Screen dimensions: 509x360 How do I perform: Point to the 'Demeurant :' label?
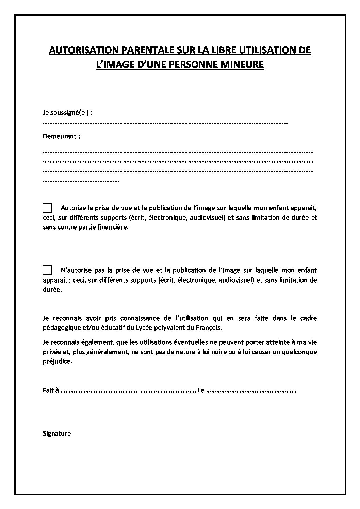(62, 136)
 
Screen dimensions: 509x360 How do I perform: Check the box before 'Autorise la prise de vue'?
(47, 207)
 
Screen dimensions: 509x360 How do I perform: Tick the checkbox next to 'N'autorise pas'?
(47, 270)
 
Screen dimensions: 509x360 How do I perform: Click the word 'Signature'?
(57, 434)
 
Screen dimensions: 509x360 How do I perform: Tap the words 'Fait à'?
(51, 390)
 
